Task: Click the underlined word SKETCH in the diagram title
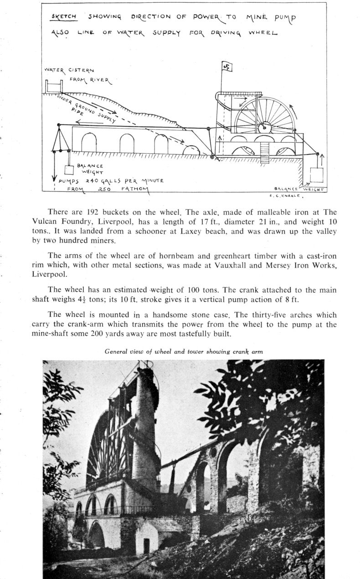click(64, 17)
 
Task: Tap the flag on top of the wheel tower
click(227, 67)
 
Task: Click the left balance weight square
click(69, 170)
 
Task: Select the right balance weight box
click(316, 175)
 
